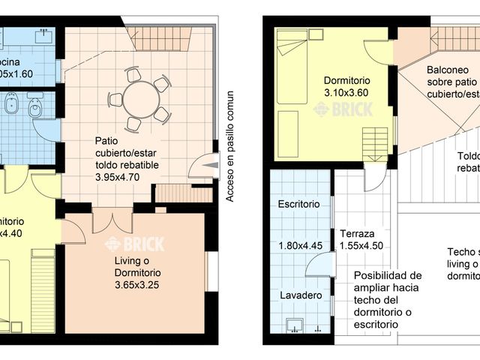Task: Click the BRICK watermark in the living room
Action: (x=123, y=243)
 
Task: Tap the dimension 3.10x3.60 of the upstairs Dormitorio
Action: (x=346, y=93)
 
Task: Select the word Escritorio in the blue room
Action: (x=298, y=204)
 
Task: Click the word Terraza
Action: (x=357, y=233)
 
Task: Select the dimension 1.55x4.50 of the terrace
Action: (x=362, y=244)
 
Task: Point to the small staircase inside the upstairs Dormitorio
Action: (x=376, y=142)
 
